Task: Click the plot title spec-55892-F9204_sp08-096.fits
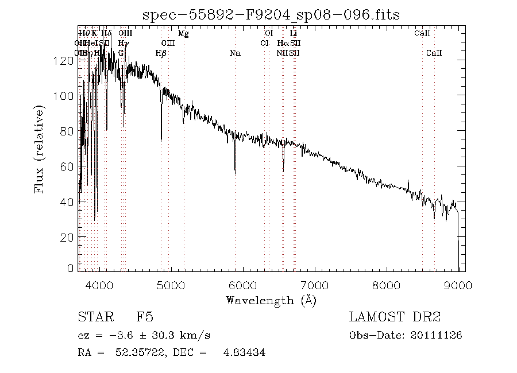(271, 14)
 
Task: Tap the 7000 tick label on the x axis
(315, 285)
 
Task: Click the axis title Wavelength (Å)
(271, 300)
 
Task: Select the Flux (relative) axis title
(40, 149)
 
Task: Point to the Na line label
(234, 53)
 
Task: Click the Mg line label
(183, 34)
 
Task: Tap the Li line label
(294, 34)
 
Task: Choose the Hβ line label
(161, 53)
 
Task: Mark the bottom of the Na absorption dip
(235, 173)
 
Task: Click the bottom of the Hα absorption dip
(283, 170)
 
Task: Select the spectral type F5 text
(144, 317)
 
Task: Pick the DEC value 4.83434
(244, 352)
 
